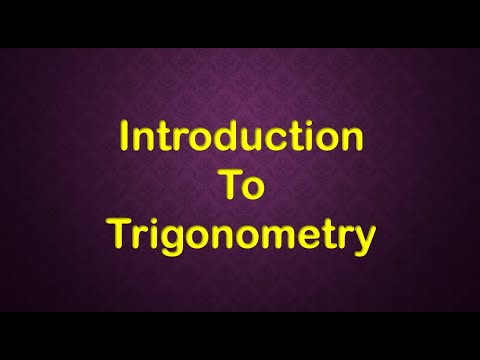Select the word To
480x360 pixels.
click(x=240, y=185)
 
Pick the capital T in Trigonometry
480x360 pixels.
click(x=117, y=233)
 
